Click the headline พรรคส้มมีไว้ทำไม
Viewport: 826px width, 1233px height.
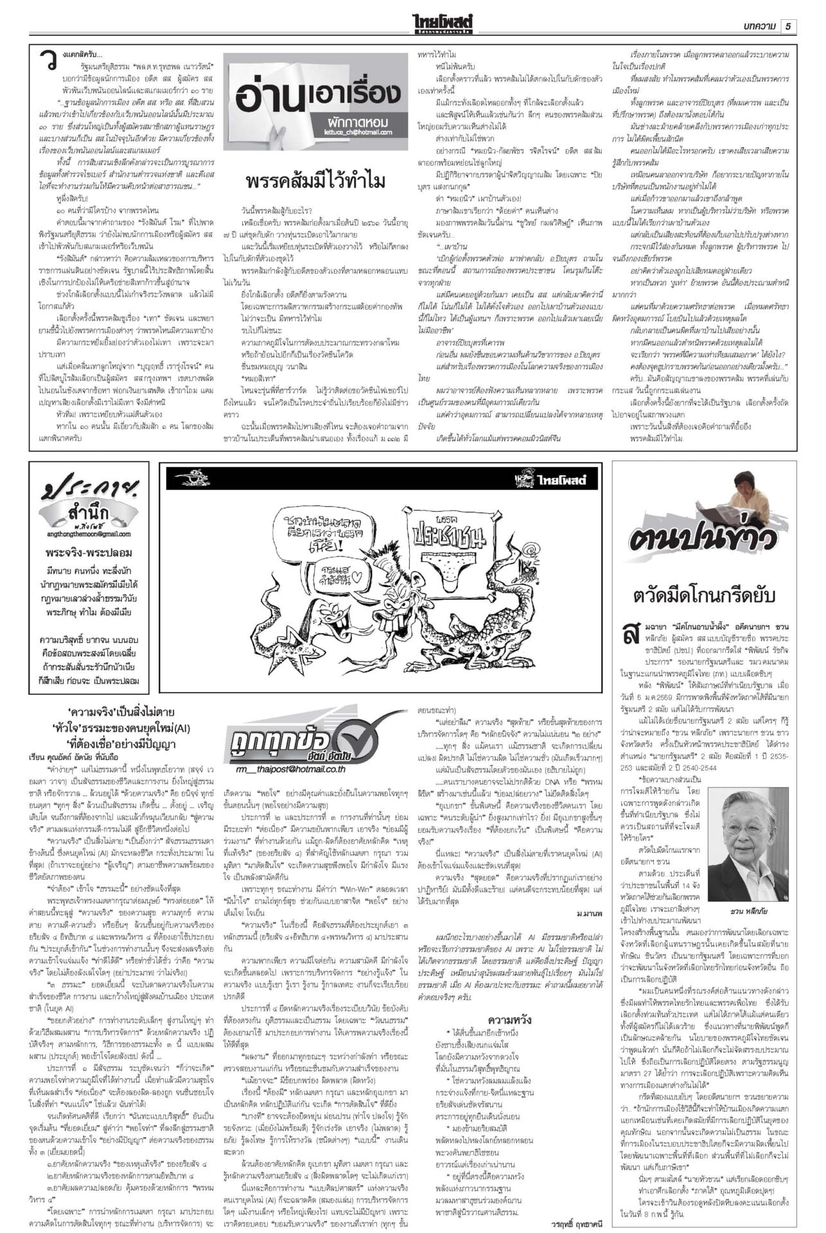pyautogui.click(x=315, y=182)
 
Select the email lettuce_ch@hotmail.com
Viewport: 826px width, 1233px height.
pyautogui.click(x=359, y=133)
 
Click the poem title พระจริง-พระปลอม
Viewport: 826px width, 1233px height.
pyautogui.click(x=89, y=553)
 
